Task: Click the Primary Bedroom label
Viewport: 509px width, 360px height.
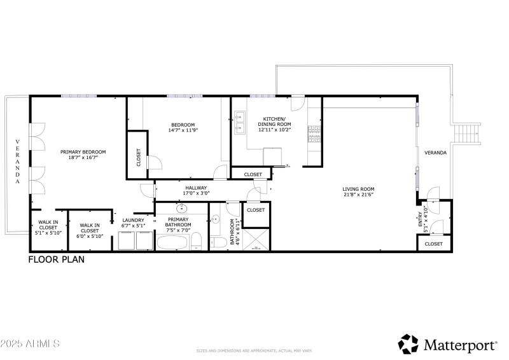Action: [x=83, y=151]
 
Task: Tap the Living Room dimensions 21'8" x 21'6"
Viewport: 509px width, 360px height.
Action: [x=358, y=195]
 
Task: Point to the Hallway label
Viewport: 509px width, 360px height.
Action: [x=196, y=188]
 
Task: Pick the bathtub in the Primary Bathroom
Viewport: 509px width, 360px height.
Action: [x=172, y=243]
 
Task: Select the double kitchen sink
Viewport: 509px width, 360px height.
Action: [x=241, y=121]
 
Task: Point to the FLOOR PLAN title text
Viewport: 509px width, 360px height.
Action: [x=56, y=260]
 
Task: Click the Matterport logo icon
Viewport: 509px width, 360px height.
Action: [x=408, y=344]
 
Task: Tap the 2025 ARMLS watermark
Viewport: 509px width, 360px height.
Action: [x=30, y=343]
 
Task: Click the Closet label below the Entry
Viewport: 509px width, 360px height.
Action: [x=433, y=244]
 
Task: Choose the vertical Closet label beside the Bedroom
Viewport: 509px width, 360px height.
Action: [x=139, y=157]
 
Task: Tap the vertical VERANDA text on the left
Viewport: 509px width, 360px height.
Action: [x=17, y=162]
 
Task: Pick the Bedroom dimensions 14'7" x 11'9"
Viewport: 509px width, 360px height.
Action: [x=183, y=130]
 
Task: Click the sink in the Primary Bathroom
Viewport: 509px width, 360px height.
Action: [x=181, y=208]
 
